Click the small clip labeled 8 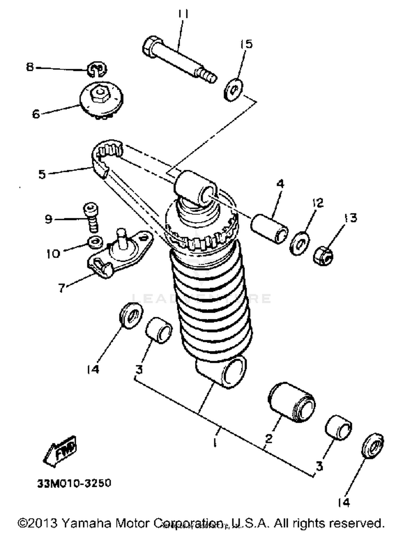tap(97, 69)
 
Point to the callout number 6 tap(36, 114)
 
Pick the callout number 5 tap(42, 175)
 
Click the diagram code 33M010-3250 tap(74, 483)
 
